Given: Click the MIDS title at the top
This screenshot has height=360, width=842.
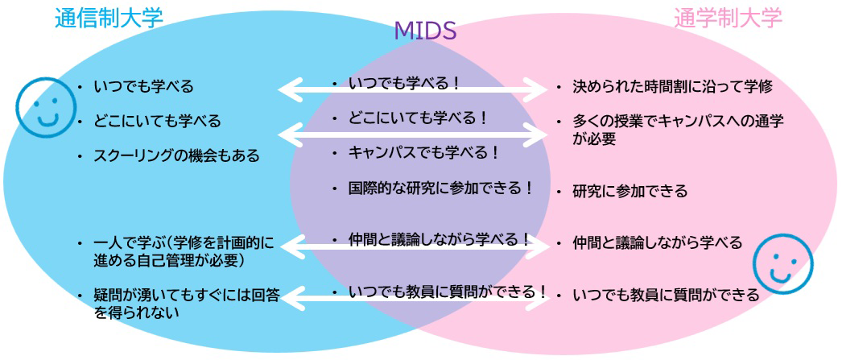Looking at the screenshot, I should click(425, 31).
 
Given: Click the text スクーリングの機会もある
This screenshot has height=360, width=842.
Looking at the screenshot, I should click(176, 155).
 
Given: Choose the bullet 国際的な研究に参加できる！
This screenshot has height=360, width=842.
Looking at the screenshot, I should click(441, 188).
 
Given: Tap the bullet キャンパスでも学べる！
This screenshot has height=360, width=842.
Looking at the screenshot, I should click(423, 151).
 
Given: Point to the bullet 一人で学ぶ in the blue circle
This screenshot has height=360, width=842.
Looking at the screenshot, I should click(184, 250).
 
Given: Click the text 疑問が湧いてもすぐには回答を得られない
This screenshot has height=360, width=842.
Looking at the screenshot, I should click(187, 304).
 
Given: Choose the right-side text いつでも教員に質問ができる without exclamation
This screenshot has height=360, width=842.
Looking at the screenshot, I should click(665, 295).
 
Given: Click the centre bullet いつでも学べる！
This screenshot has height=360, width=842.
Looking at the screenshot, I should click(404, 82).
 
